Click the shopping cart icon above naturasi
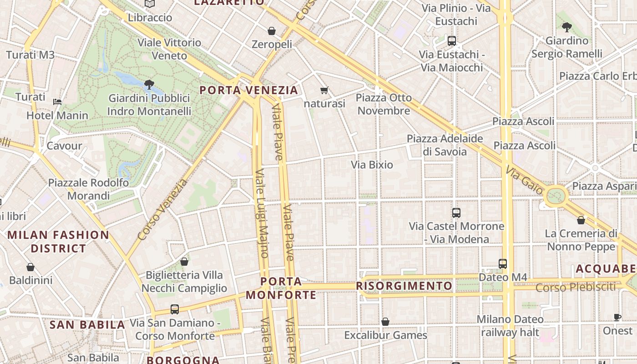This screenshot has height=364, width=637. tap(324, 90)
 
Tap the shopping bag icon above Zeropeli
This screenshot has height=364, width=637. tap(272, 31)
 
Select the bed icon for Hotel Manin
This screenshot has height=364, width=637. tap(57, 101)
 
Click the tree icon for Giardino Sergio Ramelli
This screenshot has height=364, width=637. tap(567, 27)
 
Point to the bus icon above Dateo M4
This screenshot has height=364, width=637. tap(503, 263)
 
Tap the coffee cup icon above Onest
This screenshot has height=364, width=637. tap(617, 317)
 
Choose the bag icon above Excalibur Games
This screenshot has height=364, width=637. tap(385, 322)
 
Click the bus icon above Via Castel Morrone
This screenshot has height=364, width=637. tap(456, 212)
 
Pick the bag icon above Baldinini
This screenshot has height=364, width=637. tap(30, 267)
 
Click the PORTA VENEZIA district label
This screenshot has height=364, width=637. tap(249, 90)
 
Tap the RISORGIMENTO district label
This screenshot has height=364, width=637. tap(404, 286)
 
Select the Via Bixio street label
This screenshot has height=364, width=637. tap(372, 165)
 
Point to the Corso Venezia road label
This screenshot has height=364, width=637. tap(162, 210)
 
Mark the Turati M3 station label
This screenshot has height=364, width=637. tap(30, 55)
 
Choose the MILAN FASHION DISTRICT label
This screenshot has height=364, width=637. tap(59, 242)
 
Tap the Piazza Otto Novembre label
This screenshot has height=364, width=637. tap(384, 104)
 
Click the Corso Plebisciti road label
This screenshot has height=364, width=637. tap(575, 288)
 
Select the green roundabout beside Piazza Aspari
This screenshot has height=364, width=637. tap(555, 197)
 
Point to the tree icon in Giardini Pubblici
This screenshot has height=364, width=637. tap(149, 84)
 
